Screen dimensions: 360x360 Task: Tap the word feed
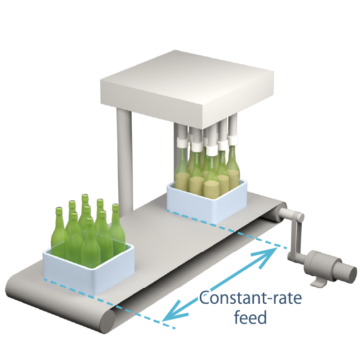[x=250, y=316]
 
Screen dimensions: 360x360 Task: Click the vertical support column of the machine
[x=124, y=158]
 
